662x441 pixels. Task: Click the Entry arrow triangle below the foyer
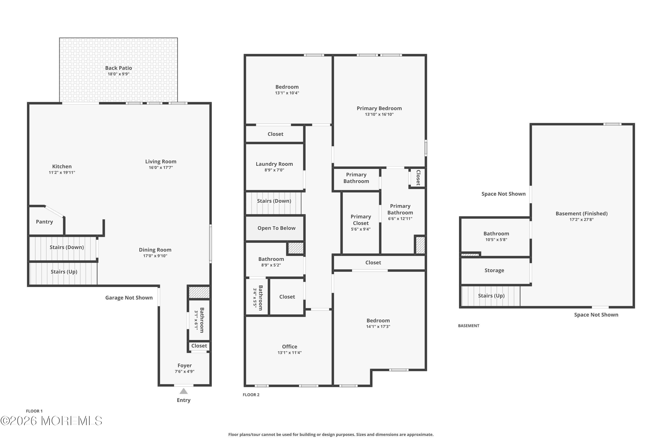coord(184,391)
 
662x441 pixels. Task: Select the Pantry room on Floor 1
coord(45,222)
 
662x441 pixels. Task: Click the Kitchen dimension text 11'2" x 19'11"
coord(62,172)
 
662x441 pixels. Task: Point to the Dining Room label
coord(155,250)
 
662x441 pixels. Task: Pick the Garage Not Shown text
coord(129,297)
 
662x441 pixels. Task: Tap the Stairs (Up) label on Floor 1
coord(64,272)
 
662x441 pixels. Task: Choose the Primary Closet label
coord(361,220)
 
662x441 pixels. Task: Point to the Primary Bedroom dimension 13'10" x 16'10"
coord(379,114)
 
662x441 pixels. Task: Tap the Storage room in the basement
coord(494,271)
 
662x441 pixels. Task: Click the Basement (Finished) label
coord(581,213)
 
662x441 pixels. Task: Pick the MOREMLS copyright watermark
coord(51,421)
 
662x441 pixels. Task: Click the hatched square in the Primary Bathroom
coord(420,245)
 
